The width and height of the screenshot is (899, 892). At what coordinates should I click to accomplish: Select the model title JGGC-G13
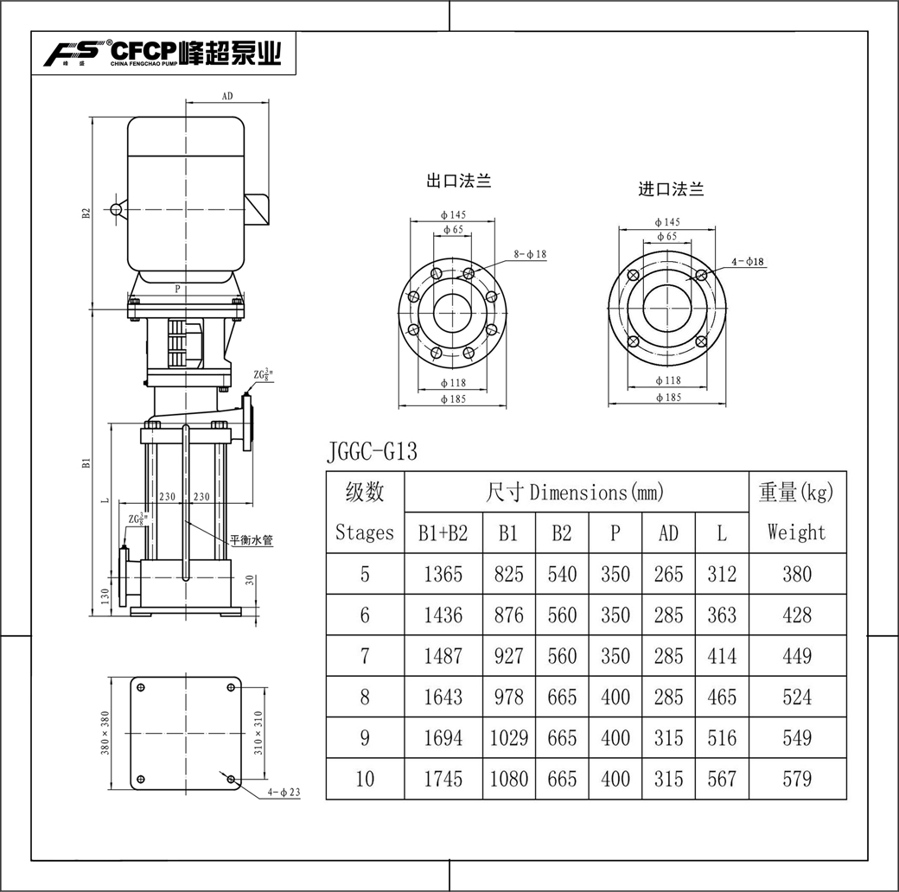pyautogui.click(x=372, y=451)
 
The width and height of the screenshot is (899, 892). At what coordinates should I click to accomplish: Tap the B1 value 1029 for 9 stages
pyautogui.click(x=508, y=738)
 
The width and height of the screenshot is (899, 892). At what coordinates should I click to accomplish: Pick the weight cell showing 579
pyautogui.click(x=797, y=779)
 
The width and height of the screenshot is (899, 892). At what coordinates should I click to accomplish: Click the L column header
pyautogui.click(x=721, y=533)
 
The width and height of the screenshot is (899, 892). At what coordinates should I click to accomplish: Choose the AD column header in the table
pyautogui.click(x=668, y=533)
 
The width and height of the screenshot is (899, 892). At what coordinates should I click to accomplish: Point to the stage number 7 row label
pyautogui.click(x=365, y=656)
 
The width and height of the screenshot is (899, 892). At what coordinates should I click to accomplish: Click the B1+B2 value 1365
pyautogui.click(x=443, y=574)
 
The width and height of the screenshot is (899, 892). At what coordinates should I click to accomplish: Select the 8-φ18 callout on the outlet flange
pyautogui.click(x=530, y=254)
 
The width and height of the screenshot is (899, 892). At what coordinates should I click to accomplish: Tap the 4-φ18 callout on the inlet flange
pyautogui.click(x=748, y=261)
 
